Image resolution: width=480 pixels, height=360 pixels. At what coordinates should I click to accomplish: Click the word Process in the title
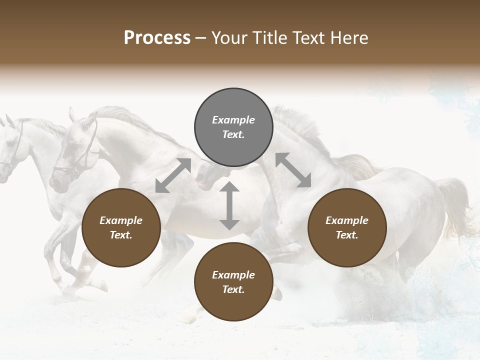click(x=157, y=38)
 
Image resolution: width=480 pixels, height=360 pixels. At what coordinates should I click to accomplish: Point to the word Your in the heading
click(x=229, y=38)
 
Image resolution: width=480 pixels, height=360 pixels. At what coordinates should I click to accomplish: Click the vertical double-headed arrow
click(x=229, y=206)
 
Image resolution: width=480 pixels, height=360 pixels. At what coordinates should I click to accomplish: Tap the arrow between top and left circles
click(x=173, y=175)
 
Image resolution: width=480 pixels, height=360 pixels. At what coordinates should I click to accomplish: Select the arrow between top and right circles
click(x=293, y=170)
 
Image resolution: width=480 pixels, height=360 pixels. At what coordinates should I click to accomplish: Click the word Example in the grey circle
click(x=233, y=120)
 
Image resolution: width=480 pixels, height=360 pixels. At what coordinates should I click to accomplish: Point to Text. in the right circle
click(x=347, y=235)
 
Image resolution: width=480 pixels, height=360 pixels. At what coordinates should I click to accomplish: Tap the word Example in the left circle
click(x=121, y=220)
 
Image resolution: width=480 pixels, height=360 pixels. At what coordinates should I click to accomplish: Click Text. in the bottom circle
click(x=233, y=289)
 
